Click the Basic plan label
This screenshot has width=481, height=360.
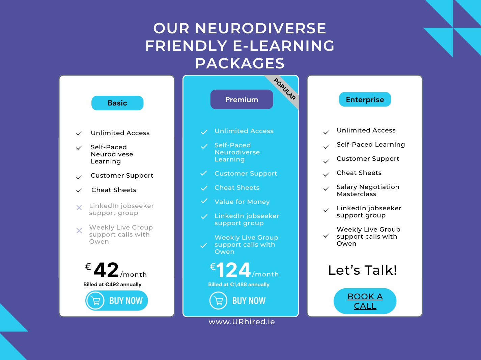[117, 103]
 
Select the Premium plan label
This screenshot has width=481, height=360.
[242, 100]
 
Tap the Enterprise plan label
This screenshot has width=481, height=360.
[365, 100]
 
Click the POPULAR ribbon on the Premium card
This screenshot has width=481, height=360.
[285, 89]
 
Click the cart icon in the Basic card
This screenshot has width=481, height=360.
[95, 301]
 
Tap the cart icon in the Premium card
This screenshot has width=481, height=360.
[219, 301]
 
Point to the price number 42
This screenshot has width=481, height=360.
[106, 270]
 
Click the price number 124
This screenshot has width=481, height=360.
[234, 270]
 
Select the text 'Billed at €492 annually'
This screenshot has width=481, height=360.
[112, 284]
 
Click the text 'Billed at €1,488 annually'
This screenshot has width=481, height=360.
[239, 284]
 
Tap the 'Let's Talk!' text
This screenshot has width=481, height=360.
[363, 270]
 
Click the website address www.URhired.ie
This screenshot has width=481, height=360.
[242, 322]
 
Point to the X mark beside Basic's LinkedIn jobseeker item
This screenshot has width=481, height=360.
[79, 208]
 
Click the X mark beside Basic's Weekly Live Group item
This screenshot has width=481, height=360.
[79, 231]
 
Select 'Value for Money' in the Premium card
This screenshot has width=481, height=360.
[242, 202]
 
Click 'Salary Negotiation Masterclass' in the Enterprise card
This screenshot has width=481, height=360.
[368, 190]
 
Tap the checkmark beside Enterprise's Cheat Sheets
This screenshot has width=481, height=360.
[326, 175]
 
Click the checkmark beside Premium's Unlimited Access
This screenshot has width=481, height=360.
[204, 132]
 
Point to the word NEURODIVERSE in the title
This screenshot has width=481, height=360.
[260, 28]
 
